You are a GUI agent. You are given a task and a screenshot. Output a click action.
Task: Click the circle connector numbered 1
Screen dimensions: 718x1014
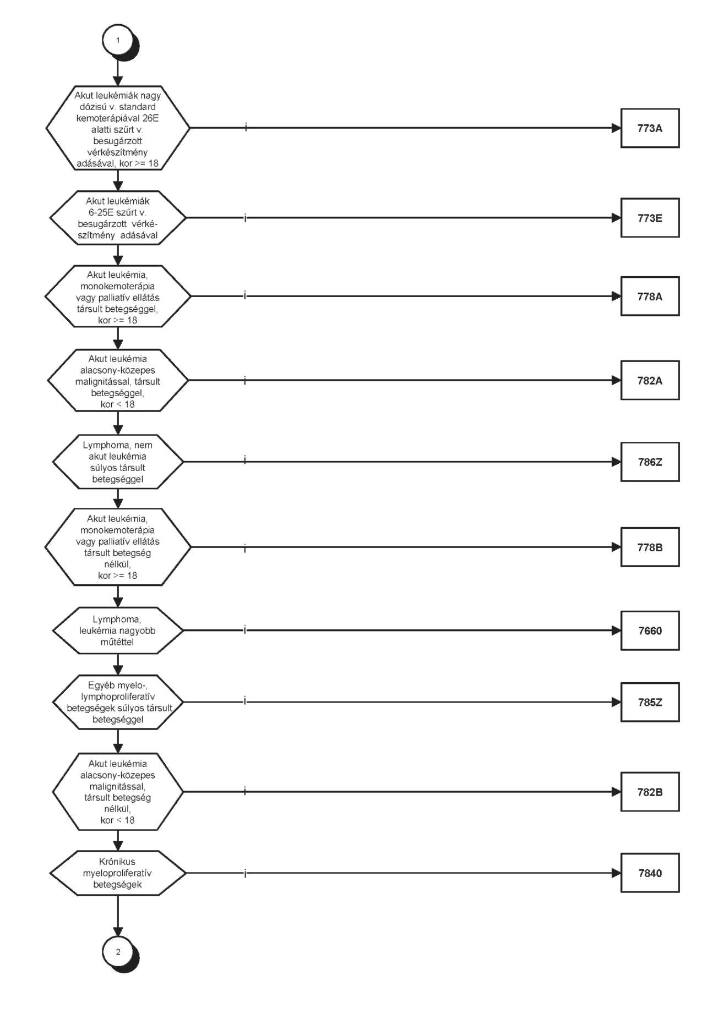pyautogui.click(x=117, y=41)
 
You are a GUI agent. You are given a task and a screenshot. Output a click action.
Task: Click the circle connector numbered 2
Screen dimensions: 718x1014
pyautogui.click(x=117, y=952)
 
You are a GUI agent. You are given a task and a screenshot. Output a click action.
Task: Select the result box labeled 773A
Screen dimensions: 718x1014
pyautogui.click(x=650, y=128)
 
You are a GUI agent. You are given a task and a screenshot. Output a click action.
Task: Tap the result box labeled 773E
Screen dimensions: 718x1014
pyautogui.click(x=650, y=218)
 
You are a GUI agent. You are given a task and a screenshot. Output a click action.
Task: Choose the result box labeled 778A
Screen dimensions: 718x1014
pyautogui.click(x=650, y=296)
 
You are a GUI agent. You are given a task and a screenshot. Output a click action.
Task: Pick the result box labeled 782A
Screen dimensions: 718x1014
pyautogui.click(x=650, y=380)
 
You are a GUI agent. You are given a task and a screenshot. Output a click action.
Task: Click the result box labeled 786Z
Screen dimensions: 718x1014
pyautogui.click(x=650, y=462)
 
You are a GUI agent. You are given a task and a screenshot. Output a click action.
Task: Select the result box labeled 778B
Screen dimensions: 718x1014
pyautogui.click(x=650, y=547)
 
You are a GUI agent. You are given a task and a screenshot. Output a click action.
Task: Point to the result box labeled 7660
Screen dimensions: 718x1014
pyautogui.click(x=650, y=631)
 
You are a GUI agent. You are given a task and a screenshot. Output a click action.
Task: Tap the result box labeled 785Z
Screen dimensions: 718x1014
pyautogui.click(x=650, y=702)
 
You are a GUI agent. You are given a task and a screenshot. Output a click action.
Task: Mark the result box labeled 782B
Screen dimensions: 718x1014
pyautogui.click(x=650, y=792)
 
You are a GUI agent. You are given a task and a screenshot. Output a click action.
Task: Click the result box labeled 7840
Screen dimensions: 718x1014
pyautogui.click(x=650, y=873)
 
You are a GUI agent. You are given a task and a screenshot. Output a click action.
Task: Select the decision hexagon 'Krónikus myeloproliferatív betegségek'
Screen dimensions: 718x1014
pyautogui.click(x=118, y=873)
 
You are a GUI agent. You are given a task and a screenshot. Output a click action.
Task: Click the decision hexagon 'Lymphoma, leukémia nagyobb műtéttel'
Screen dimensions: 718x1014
pyautogui.click(x=118, y=631)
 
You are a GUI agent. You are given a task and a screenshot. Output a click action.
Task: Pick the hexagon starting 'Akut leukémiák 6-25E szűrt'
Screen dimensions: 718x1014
pyautogui.click(x=118, y=218)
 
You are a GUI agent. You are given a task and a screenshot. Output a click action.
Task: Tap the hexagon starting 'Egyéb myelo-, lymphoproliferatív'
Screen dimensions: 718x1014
pyautogui.click(x=118, y=702)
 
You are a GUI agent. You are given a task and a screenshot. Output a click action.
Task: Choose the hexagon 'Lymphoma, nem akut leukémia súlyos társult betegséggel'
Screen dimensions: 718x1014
pyautogui.click(x=118, y=462)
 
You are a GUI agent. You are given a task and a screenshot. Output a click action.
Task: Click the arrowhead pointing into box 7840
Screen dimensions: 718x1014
pyautogui.click(x=616, y=873)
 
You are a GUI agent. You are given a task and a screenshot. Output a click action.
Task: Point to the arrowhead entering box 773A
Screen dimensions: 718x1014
pyautogui.click(x=616, y=128)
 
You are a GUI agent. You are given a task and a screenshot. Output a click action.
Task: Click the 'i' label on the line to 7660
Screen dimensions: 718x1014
pyautogui.click(x=245, y=631)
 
